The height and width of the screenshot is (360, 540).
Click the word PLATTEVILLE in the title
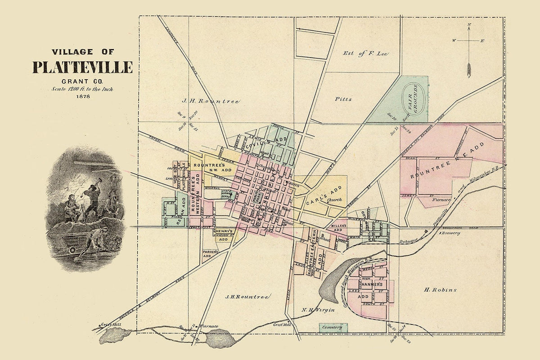[x=82, y=67]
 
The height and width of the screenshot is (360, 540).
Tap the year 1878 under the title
[x=83, y=96]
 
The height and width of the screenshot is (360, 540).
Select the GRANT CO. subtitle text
[x=83, y=81]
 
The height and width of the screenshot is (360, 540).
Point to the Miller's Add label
[x=339, y=227]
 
